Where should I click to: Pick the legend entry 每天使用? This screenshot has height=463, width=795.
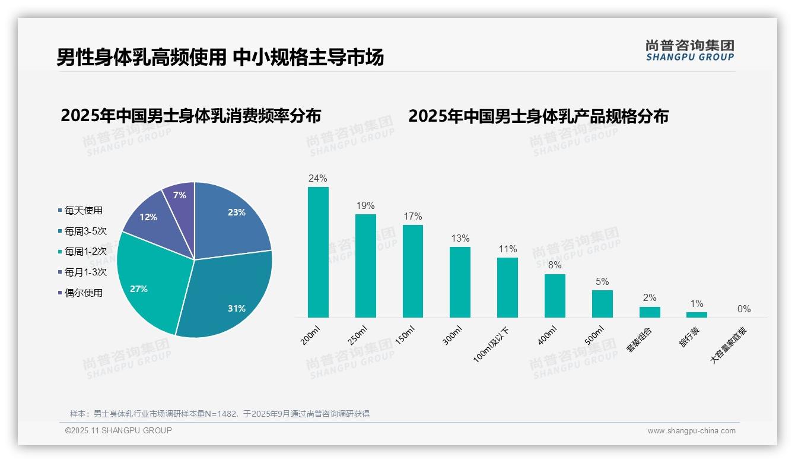click(x=83, y=210)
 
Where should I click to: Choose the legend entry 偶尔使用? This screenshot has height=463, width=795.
click(x=83, y=293)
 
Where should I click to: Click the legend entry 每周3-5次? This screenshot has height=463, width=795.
click(x=85, y=231)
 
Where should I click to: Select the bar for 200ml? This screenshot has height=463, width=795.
click(x=318, y=252)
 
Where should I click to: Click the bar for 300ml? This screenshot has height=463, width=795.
click(x=460, y=282)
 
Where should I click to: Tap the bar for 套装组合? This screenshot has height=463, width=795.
click(x=650, y=312)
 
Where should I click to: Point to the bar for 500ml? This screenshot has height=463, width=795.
click(x=602, y=304)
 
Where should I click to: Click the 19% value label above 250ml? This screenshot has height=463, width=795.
click(x=365, y=205)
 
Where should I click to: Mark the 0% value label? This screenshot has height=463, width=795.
click(x=744, y=309)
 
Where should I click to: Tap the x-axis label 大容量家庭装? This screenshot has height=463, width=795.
click(x=729, y=345)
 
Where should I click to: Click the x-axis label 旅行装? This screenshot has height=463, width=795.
click(x=689, y=337)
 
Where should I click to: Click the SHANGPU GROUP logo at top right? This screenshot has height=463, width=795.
click(x=689, y=50)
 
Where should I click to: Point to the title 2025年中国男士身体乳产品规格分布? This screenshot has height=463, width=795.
click(x=538, y=116)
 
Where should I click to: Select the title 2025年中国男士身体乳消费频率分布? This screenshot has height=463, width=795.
click(x=190, y=115)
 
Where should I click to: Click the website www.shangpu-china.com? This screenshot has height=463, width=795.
click(x=691, y=431)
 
